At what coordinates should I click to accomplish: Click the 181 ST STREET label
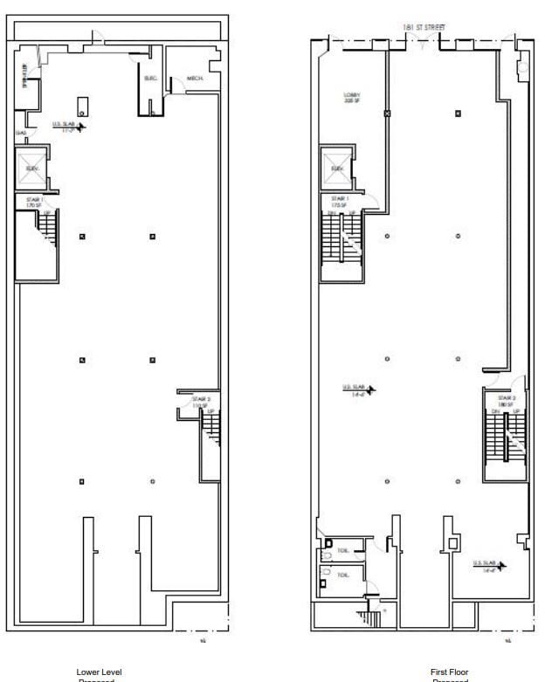pyautogui.click(x=423, y=28)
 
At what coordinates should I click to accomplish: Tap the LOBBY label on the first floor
pyautogui.click(x=351, y=98)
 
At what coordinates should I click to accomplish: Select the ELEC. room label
pyautogui.click(x=150, y=79)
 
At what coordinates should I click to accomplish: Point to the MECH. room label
pyautogui.click(x=195, y=79)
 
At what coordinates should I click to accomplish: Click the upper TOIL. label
pyautogui.click(x=343, y=544)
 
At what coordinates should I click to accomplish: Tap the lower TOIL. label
pyautogui.click(x=343, y=575)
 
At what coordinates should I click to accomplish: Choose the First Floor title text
pyautogui.click(x=450, y=672)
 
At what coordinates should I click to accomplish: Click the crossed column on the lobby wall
pyautogui.click(x=387, y=114)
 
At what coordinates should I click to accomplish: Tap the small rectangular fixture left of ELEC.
pyautogui.click(x=82, y=107)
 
